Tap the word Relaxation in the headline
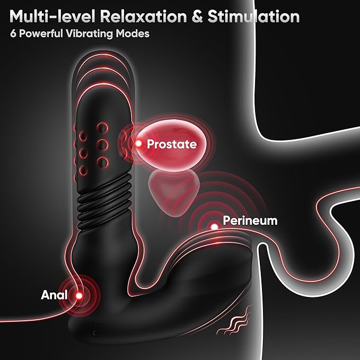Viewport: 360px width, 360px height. (x=144, y=16)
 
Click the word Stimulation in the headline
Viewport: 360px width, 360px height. (x=254, y=16)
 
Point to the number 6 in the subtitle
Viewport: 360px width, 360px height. (x=13, y=33)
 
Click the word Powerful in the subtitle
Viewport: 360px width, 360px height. (x=41, y=33)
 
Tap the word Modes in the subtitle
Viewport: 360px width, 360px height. (x=133, y=33)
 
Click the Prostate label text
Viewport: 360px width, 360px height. (x=172, y=144)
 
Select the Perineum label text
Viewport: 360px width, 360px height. (x=250, y=221)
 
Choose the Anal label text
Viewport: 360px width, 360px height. (x=54, y=295)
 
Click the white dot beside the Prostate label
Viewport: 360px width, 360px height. (x=138, y=144)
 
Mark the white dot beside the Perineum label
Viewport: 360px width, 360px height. (x=214, y=226)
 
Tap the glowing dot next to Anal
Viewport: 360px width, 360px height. (x=79, y=295)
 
